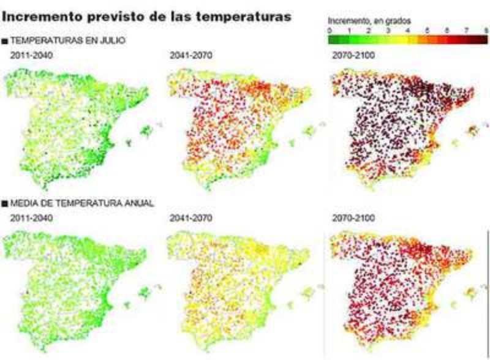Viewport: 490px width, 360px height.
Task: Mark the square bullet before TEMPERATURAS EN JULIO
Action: [x=5, y=41]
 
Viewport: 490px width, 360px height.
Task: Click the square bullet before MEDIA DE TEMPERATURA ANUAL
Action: [x=5, y=203]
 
